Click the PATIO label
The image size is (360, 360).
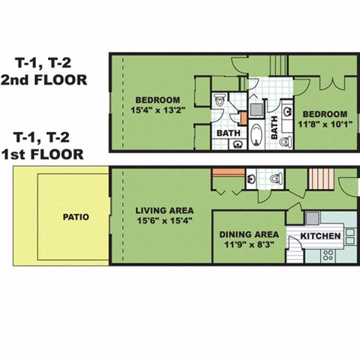tap(76, 217)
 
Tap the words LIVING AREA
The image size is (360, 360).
tap(165, 210)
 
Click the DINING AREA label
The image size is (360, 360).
tap(247, 234)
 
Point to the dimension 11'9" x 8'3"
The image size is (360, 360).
tap(247, 244)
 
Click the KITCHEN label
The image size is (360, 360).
tap(321, 238)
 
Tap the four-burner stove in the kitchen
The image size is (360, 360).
tap(328, 255)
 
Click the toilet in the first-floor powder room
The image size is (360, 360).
tap(276, 178)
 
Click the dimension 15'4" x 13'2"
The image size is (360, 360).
tap(157, 112)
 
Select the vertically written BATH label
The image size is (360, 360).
tap(274, 122)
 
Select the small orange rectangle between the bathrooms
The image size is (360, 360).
tap(242, 118)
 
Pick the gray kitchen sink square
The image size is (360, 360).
tap(312, 218)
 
